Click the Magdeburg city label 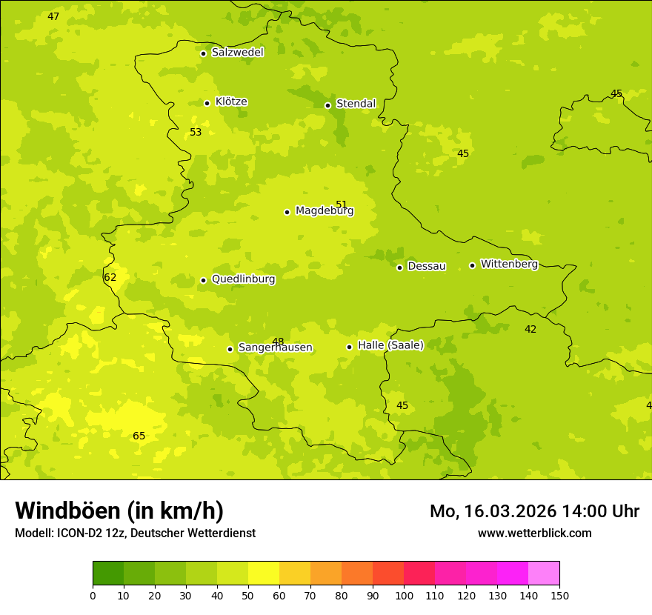pyautogui.click(x=325, y=211)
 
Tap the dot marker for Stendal pyautogui.click(x=327, y=105)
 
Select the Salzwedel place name pyautogui.click(x=237, y=53)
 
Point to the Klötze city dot pyautogui.click(x=207, y=103)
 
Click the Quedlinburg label pyautogui.click(x=243, y=279)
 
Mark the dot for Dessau pyautogui.click(x=399, y=267)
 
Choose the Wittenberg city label pyautogui.click(x=509, y=265)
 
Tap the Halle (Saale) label pyautogui.click(x=390, y=345)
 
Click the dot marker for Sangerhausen pyautogui.click(x=230, y=349)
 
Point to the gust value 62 pyautogui.click(x=110, y=278)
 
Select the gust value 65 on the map pyautogui.click(x=139, y=436)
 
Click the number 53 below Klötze pyautogui.click(x=196, y=133)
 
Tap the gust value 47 pyautogui.click(x=53, y=17)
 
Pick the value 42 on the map pyautogui.click(x=530, y=330)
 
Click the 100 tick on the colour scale pyautogui.click(x=404, y=595)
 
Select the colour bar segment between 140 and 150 pyautogui.click(x=544, y=574)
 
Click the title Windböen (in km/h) pyautogui.click(x=119, y=511)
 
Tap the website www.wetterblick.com pyautogui.click(x=534, y=533)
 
